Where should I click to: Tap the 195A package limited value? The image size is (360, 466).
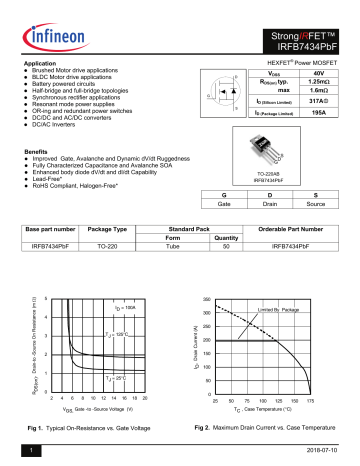(x=319, y=115)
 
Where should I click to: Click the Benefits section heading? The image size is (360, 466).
(x=40, y=150)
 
